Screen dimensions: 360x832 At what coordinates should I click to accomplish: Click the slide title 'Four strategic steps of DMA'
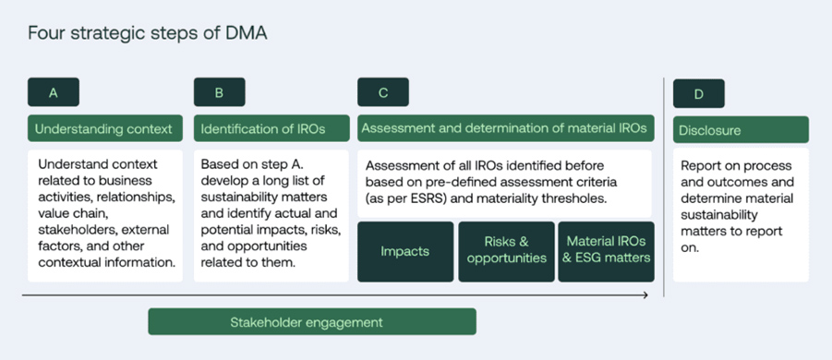[148, 34]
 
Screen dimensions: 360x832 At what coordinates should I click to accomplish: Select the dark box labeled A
[54, 92]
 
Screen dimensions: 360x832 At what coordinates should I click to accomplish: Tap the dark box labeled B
[219, 92]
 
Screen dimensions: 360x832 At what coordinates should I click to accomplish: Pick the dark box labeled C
[383, 92]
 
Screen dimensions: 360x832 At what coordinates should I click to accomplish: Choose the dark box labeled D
[698, 93]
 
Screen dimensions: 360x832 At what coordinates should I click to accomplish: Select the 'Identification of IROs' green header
[271, 128]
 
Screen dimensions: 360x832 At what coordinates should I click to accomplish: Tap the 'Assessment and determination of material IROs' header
[504, 128]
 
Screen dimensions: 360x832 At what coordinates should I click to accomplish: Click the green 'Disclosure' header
[741, 130]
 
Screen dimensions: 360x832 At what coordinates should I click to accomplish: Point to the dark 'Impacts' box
[405, 251]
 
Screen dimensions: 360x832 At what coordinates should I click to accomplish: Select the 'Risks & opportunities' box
[506, 251]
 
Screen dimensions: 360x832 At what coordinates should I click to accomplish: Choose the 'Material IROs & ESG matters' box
[606, 251]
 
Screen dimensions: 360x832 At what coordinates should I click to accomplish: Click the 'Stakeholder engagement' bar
[312, 322]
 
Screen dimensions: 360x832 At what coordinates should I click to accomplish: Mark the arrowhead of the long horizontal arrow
[644, 295]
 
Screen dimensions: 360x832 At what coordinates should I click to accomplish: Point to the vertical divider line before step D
[664, 185]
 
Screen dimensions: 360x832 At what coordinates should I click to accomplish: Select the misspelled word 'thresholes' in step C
[574, 198]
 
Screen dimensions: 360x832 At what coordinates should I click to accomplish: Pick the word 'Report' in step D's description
[702, 165]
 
